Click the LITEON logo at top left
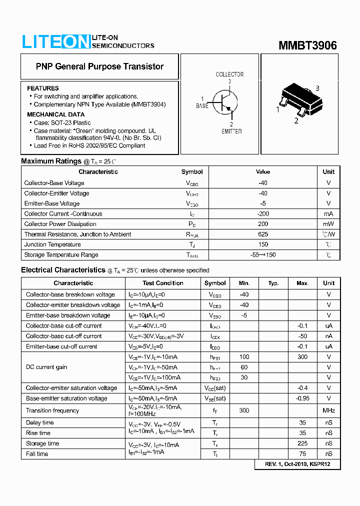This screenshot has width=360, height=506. [x=55, y=41]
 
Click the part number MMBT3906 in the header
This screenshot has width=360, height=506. [x=307, y=45]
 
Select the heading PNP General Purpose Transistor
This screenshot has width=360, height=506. [x=99, y=66]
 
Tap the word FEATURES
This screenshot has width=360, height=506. [x=43, y=88]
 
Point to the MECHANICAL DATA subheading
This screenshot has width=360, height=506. [x=55, y=114]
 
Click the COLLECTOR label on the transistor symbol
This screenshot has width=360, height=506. [x=229, y=74]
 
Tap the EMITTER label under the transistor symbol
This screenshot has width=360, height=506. [x=231, y=131]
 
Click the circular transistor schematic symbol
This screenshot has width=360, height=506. [x=225, y=103]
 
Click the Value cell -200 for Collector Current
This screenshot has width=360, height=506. [x=263, y=213]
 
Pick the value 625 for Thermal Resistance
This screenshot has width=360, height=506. [x=263, y=234]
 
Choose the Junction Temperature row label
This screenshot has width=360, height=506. [x=52, y=244]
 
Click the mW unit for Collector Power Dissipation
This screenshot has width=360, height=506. [x=328, y=224]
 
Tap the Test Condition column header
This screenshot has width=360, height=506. [x=163, y=283]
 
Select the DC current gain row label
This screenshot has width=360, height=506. [x=46, y=367]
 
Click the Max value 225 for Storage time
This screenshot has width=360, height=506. [x=302, y=443]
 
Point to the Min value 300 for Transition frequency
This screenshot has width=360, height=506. [x=244, y=410]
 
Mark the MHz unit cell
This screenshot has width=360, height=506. [x=328, y=410]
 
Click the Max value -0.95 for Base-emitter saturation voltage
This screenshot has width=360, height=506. [x=302, y=398]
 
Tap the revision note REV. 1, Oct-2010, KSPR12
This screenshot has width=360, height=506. [x=297, y=464]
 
